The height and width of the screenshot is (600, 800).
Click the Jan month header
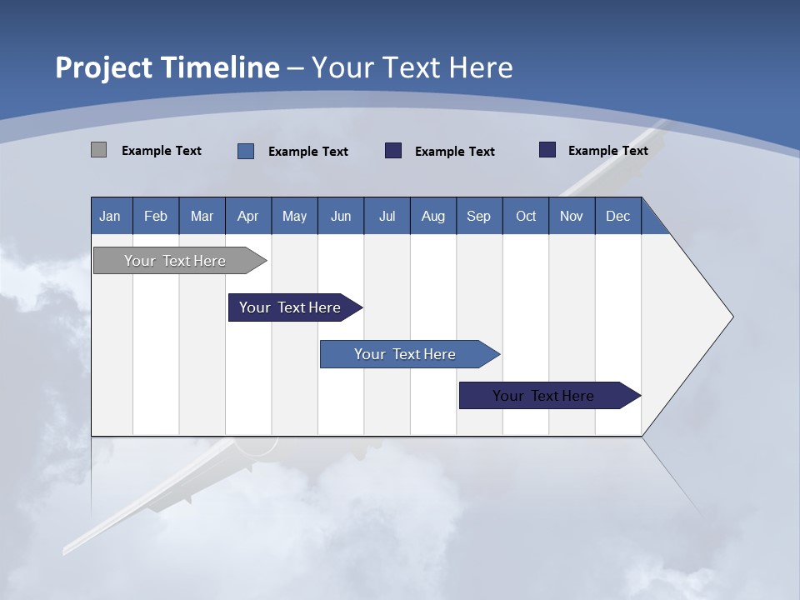point(111,216)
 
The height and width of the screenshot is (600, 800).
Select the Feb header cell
point(156,216)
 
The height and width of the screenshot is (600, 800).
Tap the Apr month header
point(248,216)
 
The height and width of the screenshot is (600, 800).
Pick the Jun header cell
point(341,216)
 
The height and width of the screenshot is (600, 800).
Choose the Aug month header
point(433,216)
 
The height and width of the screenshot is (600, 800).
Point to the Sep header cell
point(479,216)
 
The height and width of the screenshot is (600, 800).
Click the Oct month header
point(526,216)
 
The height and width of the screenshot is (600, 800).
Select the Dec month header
point(618,216)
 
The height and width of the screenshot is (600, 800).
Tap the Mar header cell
point(202,216)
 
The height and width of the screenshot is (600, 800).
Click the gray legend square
point(98,150)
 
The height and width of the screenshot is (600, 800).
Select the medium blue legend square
point(246,151)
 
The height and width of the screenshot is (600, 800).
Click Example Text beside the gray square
point(162,151)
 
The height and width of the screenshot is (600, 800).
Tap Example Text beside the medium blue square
point(308,152)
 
